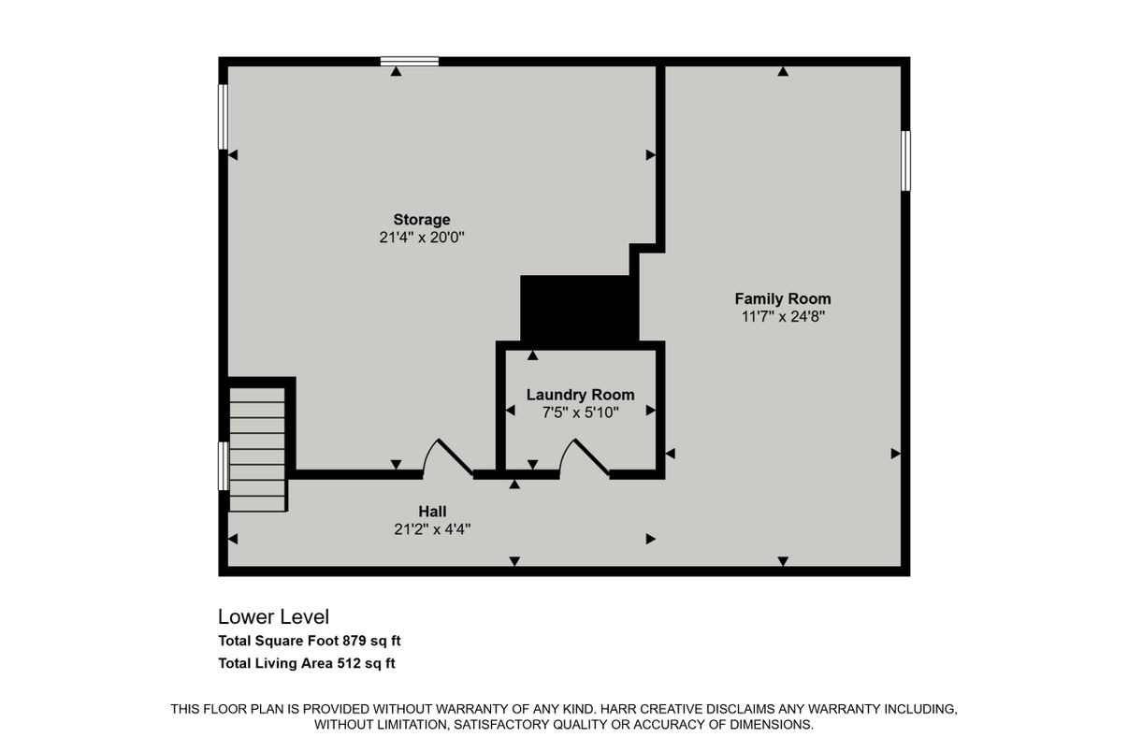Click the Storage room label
(421, 220)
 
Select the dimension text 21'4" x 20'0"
(421, 238)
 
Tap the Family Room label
(782, 298)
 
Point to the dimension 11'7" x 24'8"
(782, 316)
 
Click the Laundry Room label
(580, 395)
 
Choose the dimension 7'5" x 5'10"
(580, 412)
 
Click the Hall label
(432, 512)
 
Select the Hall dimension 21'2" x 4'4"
(432, 528)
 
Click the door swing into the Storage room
(447, 457)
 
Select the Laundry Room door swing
(584, 457)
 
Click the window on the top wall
(410, 62)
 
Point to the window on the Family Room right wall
(905, 161)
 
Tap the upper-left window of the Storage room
(223, 117)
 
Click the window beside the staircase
(223, 466)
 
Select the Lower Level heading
(273, 617)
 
